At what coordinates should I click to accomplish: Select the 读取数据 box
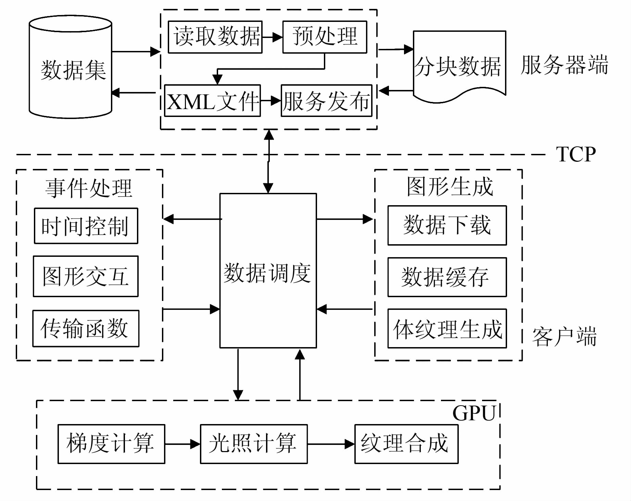click(x=215, y=37)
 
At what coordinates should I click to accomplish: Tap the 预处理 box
click(x=325, y=37)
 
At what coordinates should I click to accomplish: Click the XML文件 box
click(x=212, y=101)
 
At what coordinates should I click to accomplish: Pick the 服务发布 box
click(x=326, y=101)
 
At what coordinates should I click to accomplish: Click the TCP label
click(x=576, y=154)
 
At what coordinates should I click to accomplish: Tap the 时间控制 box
click(x=86, y=226)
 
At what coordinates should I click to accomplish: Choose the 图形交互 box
click(x=86, y=276)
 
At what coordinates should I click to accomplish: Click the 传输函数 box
click(x=86, y=329)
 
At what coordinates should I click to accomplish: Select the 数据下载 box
click(x=447, y=225)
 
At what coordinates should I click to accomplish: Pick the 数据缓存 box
click(x=447, y=277)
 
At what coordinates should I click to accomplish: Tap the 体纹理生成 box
click(x=447, y=329)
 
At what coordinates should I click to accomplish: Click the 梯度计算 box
click(x=111, y=444)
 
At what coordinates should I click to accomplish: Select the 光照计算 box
click(x=254, y=444)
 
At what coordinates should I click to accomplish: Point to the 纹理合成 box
click(x=406, y=444)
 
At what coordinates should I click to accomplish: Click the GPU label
click(x=474, y=413)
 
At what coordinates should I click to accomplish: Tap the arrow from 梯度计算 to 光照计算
click(x=182, y=444)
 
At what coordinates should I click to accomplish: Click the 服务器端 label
click(x=564, y=65)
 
